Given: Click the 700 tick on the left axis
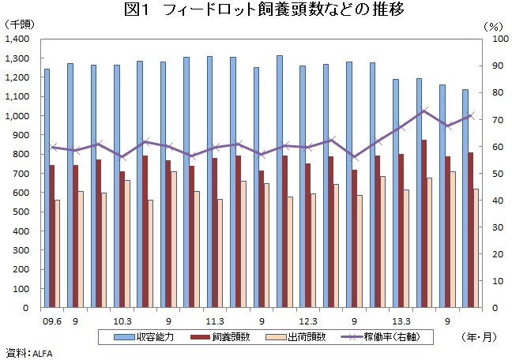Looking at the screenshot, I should pyautogui.click(x=21, y=174).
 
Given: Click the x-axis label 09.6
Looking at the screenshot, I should pyautogui.click(x=52, y=321).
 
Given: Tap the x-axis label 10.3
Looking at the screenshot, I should pyautogui.click(x=122, y=321).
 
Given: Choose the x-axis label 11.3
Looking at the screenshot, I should pyautogui.click(x=215, y=321).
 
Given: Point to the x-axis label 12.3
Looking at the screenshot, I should pyautogui.click(x=308, y=321).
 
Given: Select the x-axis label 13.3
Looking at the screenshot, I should pyautogui.click(x=401, y=321).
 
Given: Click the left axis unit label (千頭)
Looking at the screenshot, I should pyautogui.click(x=22, y=25).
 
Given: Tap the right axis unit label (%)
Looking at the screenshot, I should pyautogui.click(x=492, y=25).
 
